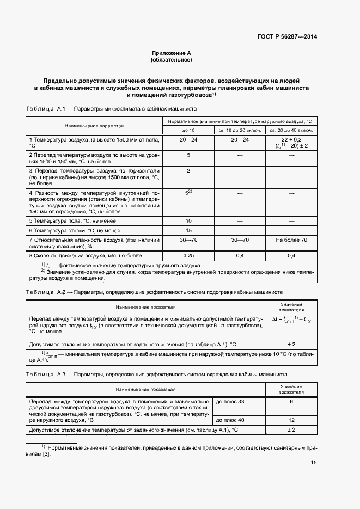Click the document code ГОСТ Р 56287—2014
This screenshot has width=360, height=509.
[287, 37]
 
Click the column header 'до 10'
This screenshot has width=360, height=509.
[188, 131]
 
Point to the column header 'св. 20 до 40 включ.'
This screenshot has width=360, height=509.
[291, 131]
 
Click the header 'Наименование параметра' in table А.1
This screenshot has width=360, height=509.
[94, 126]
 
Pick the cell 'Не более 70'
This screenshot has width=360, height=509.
[291, 240]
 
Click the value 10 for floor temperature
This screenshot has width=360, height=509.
[188, 220]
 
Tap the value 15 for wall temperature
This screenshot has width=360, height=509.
[188, 230]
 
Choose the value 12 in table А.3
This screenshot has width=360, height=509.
[291, 420]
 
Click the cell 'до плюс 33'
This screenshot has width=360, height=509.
[230, 401]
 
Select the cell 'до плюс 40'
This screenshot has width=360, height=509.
[230, 420]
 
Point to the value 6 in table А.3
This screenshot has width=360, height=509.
[291, 401]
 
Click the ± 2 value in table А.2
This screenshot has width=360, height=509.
[291, 344]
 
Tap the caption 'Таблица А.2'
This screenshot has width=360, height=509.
[46, 292]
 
